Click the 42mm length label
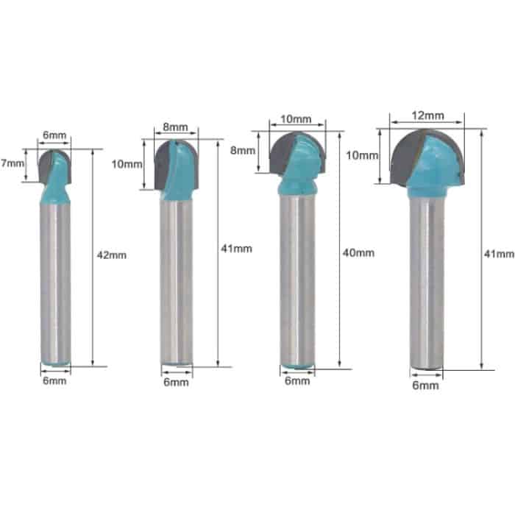point(112,256)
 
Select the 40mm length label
point(359,252)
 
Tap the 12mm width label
point(427,115)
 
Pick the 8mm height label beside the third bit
point(243,150)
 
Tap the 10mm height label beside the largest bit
point(361,155)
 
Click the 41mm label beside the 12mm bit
point(500,253)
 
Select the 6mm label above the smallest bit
point(54,135)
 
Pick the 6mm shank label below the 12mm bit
point(425,385)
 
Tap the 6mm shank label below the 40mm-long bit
point(296,381)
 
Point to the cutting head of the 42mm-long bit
point(54,165)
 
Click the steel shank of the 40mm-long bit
point(296,280)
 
